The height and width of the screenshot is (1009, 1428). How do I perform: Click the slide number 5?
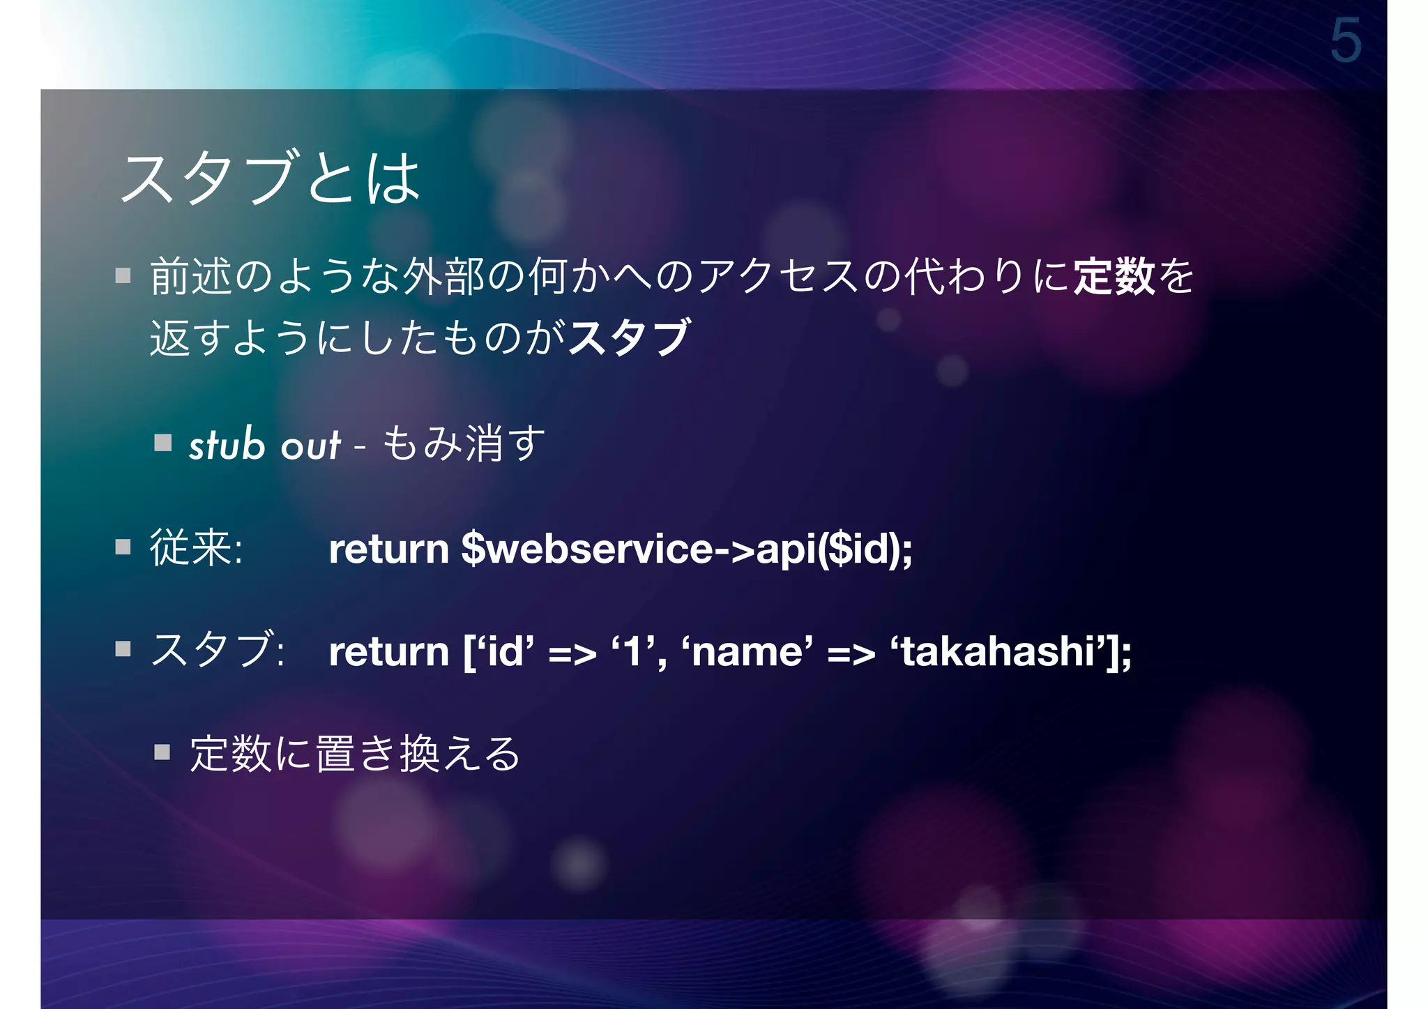point(1345,41)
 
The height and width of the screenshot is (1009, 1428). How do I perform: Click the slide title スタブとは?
point(271,178)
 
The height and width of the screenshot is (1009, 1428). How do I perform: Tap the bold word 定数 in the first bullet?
point(1114,276)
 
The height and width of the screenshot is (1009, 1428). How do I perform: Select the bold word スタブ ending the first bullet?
point(629,337)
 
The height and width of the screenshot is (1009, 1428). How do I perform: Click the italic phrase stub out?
point(265,444)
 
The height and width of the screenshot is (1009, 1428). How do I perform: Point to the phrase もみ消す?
point(464,444)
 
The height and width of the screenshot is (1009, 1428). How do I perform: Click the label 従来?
point(196,548)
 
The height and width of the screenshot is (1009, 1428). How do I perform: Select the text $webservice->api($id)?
point(687,549)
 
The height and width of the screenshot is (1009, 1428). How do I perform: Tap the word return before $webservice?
point(388,549)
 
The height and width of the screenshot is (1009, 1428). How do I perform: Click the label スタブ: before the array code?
point(217,651)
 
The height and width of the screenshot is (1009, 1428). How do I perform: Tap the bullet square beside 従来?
point(123,546)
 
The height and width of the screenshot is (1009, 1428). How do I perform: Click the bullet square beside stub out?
point(163,443)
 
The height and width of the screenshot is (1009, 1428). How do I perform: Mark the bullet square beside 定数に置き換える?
point(162,752)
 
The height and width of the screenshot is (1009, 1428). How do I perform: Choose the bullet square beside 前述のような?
point(123,275)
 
